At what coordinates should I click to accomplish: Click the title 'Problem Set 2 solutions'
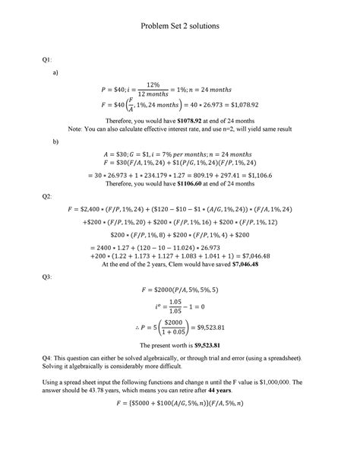(x=180, y=26)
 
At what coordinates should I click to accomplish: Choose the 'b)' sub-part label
(x=55, y=141)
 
